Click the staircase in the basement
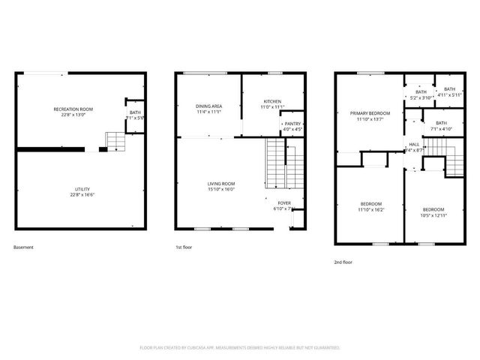(114, 140)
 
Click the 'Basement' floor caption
(23, 247)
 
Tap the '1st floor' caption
(184, 247)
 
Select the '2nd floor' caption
(343, 262)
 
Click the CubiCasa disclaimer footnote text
(240, 347)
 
